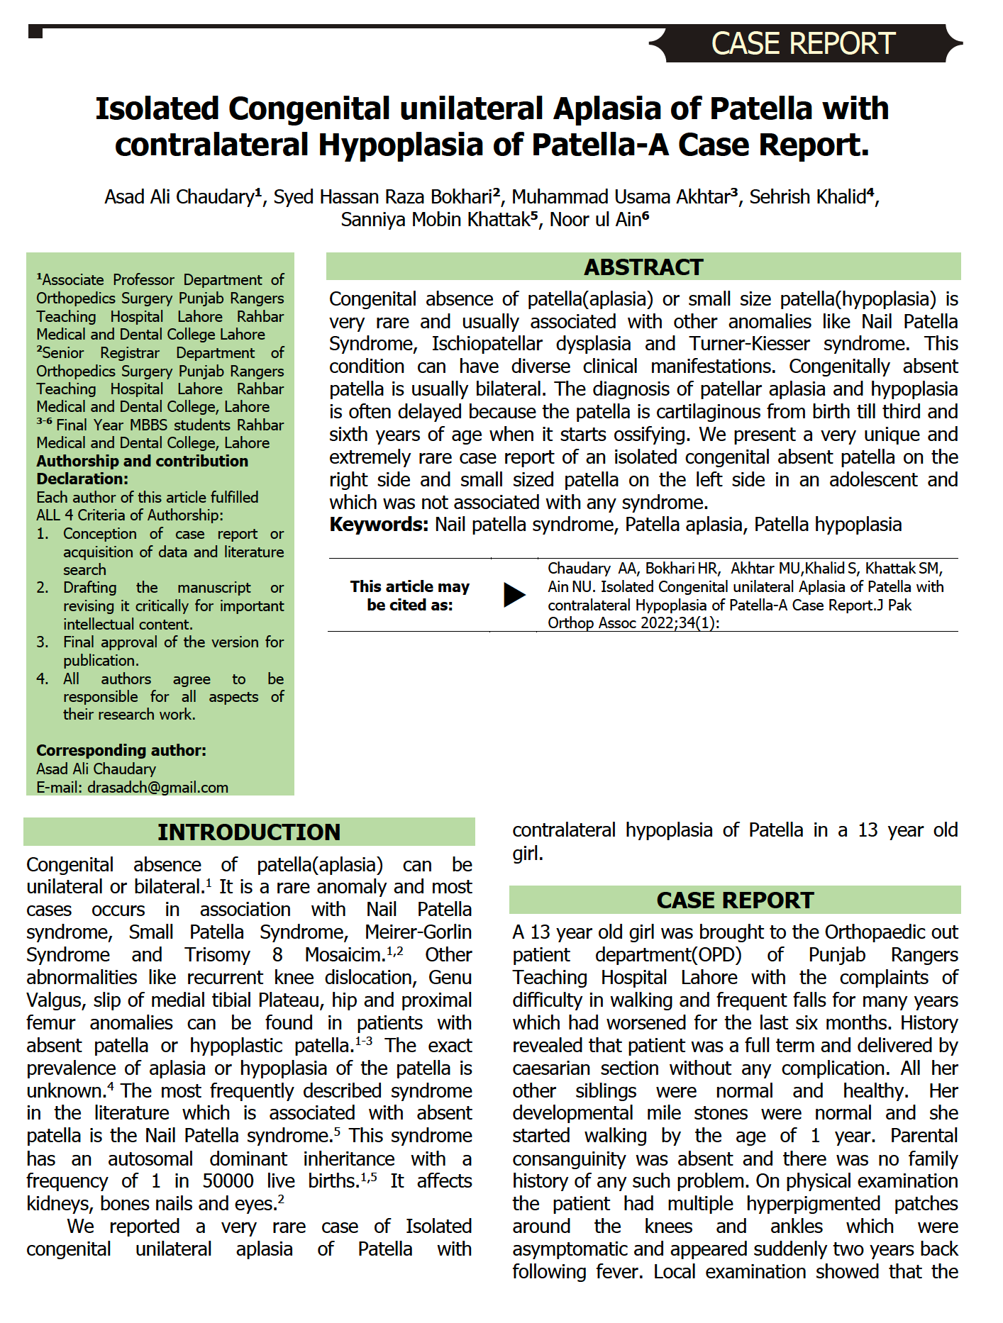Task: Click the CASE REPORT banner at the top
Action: pos(803,44)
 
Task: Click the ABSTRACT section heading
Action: pos(643,267)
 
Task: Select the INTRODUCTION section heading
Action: pos(248,832)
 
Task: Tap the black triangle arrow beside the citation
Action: pos(514,595)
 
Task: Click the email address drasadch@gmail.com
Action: pos(157,787)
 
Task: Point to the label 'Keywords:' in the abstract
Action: pos(379,525)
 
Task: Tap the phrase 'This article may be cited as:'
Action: pos(409,596)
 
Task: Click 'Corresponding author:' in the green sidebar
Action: pos(121,750)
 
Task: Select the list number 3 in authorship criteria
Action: pos(42,642)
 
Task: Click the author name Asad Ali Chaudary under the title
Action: pos(179,196)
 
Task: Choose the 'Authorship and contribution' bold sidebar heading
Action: pos(142,461)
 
